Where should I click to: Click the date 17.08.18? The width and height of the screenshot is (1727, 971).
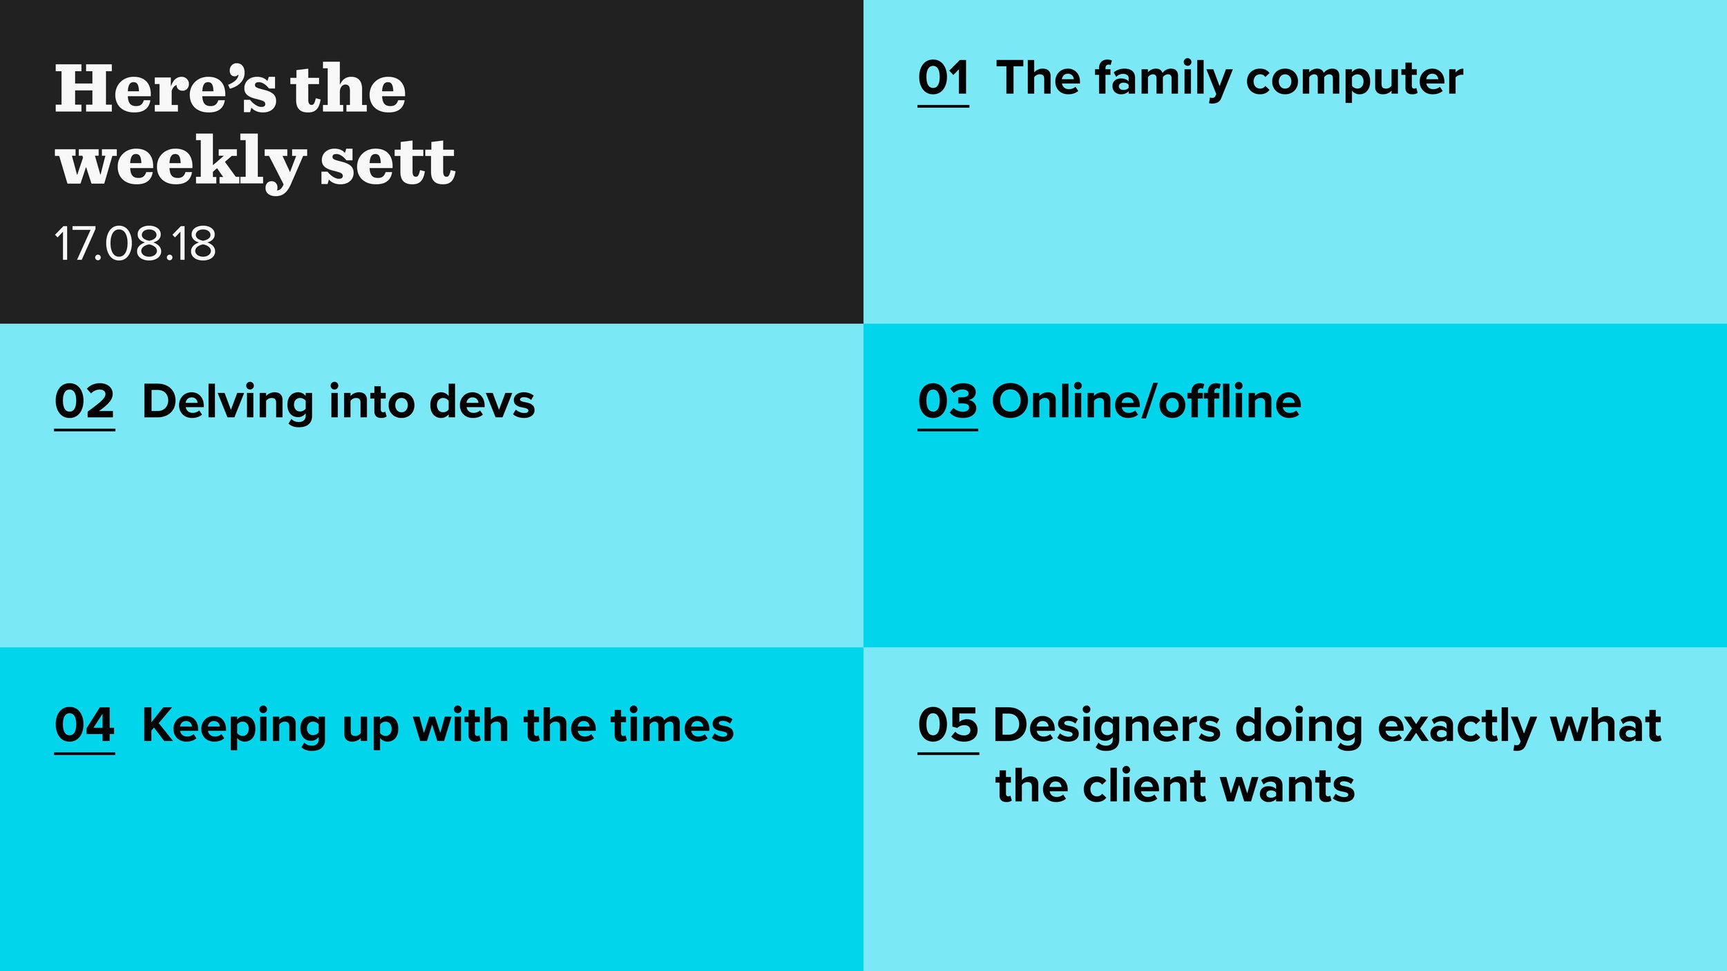point(135,244)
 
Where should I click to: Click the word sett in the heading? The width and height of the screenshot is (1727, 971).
point(388,162)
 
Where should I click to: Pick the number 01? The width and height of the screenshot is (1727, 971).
point(944,78)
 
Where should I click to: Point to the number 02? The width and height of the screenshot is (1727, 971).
point(85,402)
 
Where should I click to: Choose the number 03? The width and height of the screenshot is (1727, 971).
point(948,402)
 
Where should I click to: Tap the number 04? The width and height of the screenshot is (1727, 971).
point(85,726)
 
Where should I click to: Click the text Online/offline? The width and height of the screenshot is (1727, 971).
point(1147,401)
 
